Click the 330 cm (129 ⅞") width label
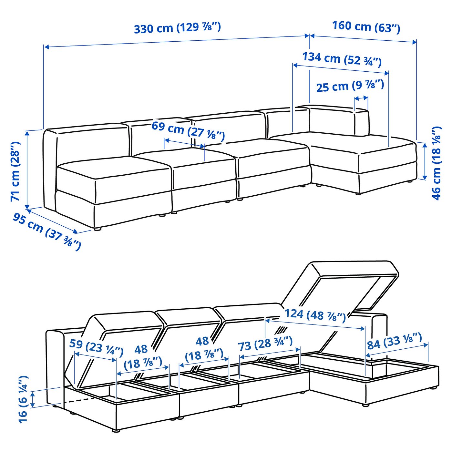coord(177,28)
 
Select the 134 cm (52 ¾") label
coord(342,59)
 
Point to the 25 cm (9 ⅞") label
coord(350,86)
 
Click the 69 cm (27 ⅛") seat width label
coord(188,130)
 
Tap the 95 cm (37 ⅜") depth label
coord(47,231)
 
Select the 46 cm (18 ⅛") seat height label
coord(436,163)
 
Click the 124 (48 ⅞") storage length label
coord(315,315)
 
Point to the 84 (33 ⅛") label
coord(394,342)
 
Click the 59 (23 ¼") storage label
coord(96,347)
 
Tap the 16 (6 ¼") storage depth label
coord(23,399)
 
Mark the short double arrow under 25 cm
coord(361,98)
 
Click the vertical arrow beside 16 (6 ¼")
coord(33,400)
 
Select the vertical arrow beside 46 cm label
coord(425,160)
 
